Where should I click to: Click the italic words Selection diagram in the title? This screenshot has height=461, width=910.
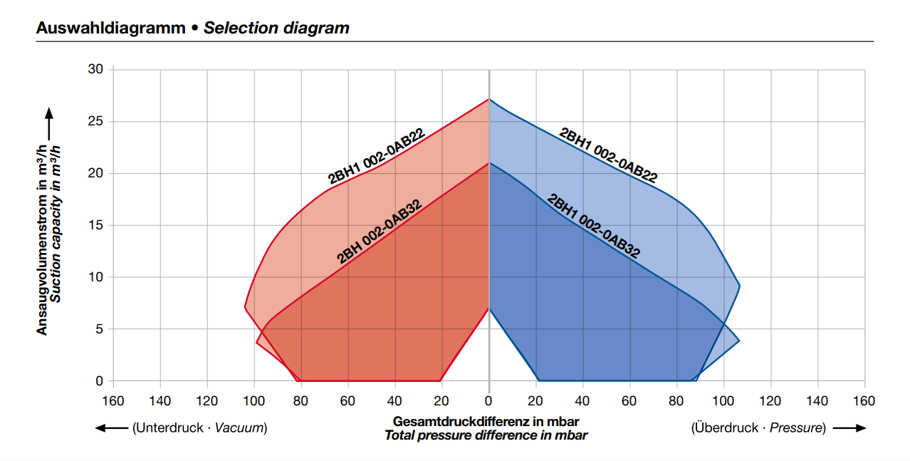[276, 29]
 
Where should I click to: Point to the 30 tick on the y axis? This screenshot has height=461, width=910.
[95, 69]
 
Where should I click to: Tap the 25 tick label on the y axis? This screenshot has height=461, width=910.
[95, 121]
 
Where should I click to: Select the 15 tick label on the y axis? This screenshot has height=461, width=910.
[95, 225]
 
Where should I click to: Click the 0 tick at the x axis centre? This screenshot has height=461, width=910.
[488, 401]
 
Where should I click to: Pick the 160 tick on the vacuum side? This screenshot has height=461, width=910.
[113, 401]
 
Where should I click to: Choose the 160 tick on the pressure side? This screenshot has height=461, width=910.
[864, 401]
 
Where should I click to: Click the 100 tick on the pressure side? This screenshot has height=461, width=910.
[723, 401]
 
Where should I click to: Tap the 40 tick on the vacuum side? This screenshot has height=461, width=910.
[394, 401]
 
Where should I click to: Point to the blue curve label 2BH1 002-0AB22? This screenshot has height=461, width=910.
[608, 156]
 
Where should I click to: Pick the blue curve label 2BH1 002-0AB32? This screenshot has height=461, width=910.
[593, 226]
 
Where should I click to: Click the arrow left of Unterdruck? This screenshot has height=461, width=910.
[110, 428]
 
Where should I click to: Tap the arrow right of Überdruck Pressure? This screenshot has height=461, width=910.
[849, 428]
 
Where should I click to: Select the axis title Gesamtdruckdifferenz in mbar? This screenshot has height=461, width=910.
[486, 422]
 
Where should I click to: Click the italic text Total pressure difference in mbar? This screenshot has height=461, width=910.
[486, 435]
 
